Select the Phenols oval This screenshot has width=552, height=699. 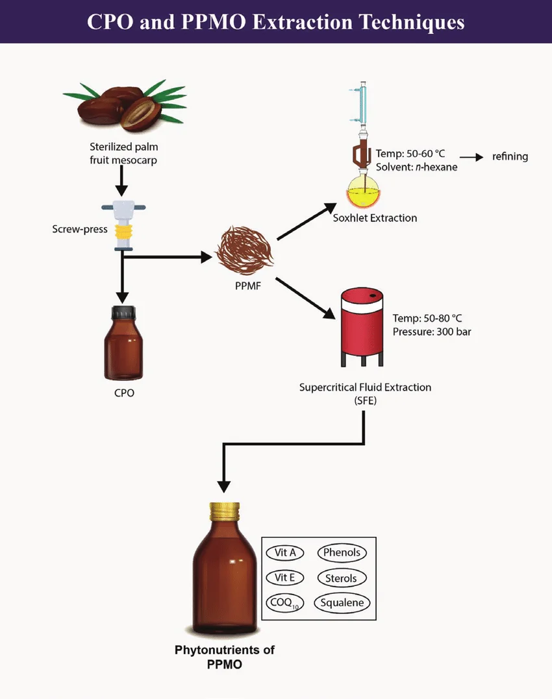[342, 553]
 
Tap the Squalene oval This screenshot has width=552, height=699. [342, 602]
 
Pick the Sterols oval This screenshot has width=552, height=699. [342, 578]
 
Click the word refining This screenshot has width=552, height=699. [510, 156]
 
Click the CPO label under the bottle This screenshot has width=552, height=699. [123, 393]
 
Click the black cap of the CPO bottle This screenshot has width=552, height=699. [123, 313]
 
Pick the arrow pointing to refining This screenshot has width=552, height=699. [472, 157]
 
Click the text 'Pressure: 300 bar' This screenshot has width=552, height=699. [432, 332]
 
